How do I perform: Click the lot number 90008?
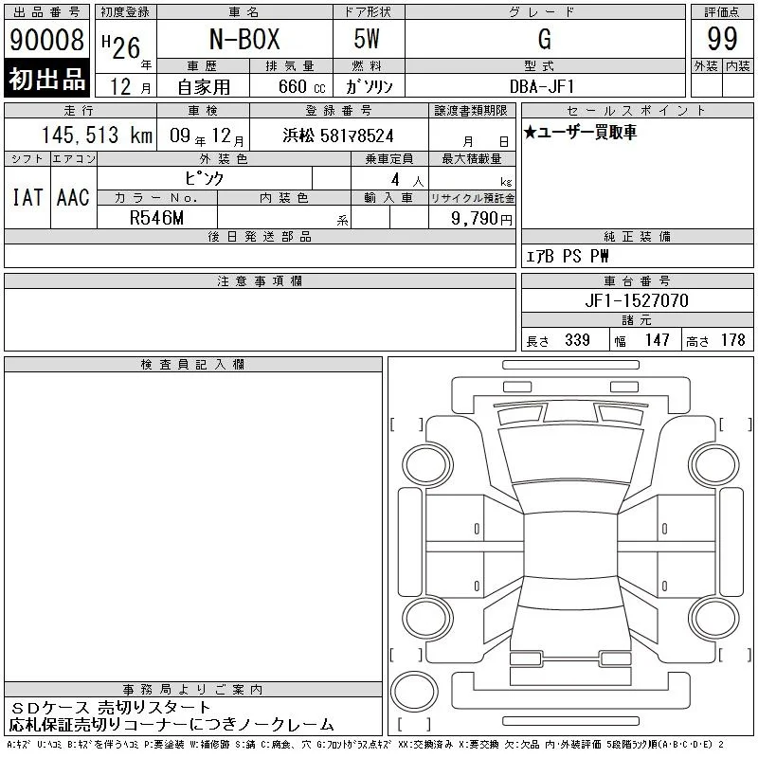click(46, 39)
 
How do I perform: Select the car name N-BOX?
click(244, 39)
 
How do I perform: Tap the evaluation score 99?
click(722, 39)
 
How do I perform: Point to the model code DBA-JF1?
click(542, 86)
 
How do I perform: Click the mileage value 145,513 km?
click(97, 135)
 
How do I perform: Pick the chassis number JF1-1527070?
click(637, 300)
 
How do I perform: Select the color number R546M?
click(156, 218)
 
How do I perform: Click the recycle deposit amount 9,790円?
click(481, 219)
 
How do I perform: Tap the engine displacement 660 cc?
click(301, 87)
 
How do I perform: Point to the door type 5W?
click(367, 39)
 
